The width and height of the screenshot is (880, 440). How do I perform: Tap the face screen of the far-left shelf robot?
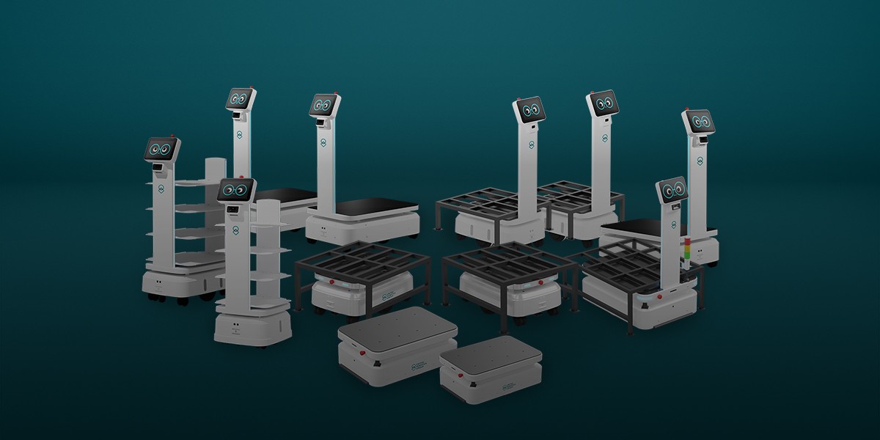point(162,150)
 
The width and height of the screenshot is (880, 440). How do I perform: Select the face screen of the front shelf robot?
point(235,191)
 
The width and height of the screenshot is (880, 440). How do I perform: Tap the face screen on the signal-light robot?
point(672,190)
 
